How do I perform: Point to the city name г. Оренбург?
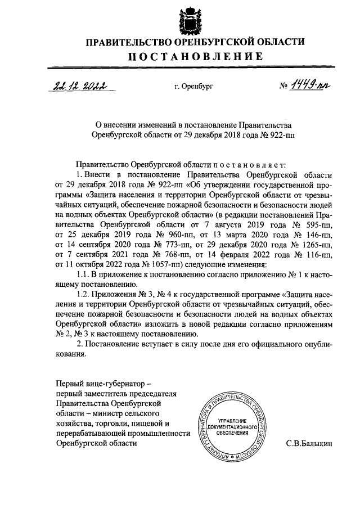[x=195, y=87]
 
